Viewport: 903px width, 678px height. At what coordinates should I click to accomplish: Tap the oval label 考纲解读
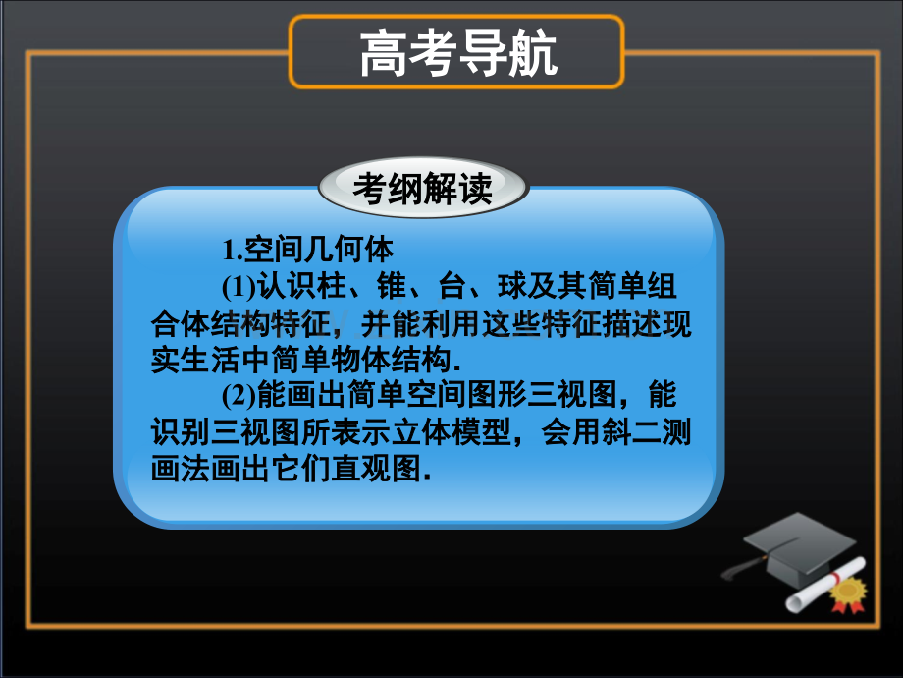423,187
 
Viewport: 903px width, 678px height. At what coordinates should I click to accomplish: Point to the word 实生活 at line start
195,361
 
